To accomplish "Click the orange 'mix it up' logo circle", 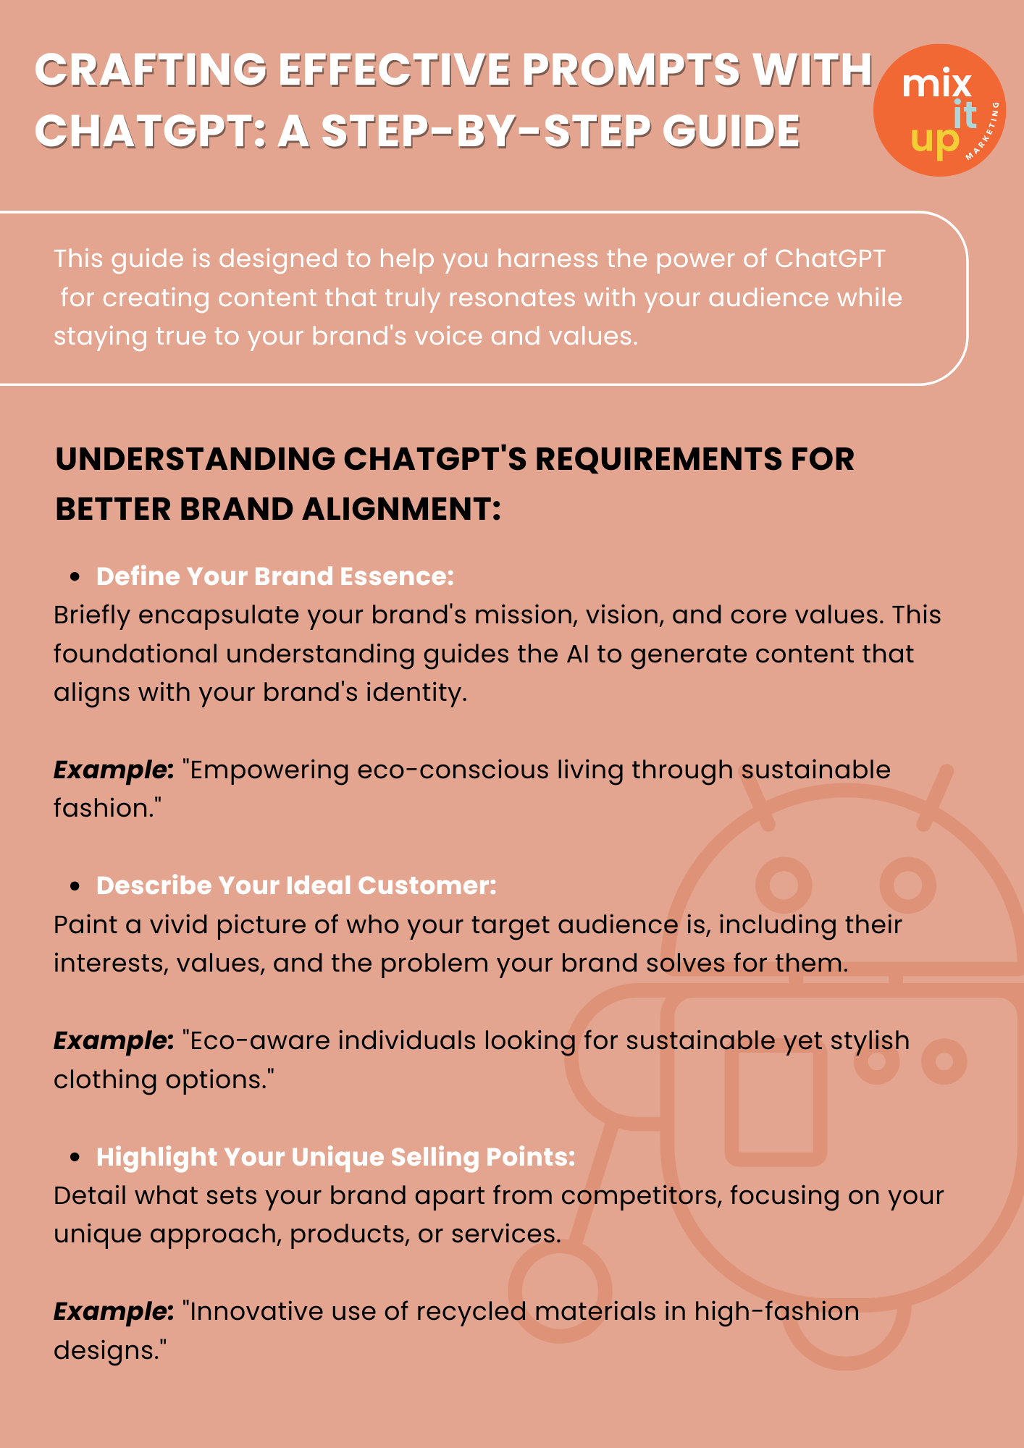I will (x=939, y=110).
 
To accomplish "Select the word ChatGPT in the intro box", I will (x=830, y=258).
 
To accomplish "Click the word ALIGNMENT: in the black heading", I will (x=401, y=509).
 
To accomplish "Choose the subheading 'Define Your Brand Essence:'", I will (x=274, y=576).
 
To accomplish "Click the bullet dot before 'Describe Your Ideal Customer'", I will (x=74, y=886).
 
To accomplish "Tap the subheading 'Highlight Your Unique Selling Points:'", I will (x=335, y=1157).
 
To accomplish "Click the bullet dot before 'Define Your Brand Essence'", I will (x=74, y=577).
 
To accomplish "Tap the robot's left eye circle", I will (x=784, y=884).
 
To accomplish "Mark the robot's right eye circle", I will (x=907, y=884).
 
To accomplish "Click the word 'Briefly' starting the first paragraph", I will (x=92, y=615).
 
